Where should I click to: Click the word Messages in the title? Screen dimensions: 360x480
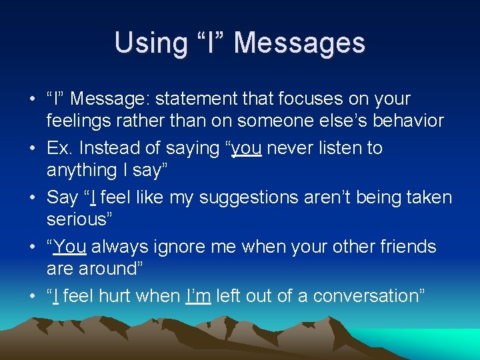(x=299, y=43)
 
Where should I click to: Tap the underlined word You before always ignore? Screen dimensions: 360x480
(x=70, y=247)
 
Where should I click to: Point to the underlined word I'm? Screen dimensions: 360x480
(x=198, y=296)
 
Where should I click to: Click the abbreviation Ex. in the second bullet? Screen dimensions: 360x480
(x=57, y=148)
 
